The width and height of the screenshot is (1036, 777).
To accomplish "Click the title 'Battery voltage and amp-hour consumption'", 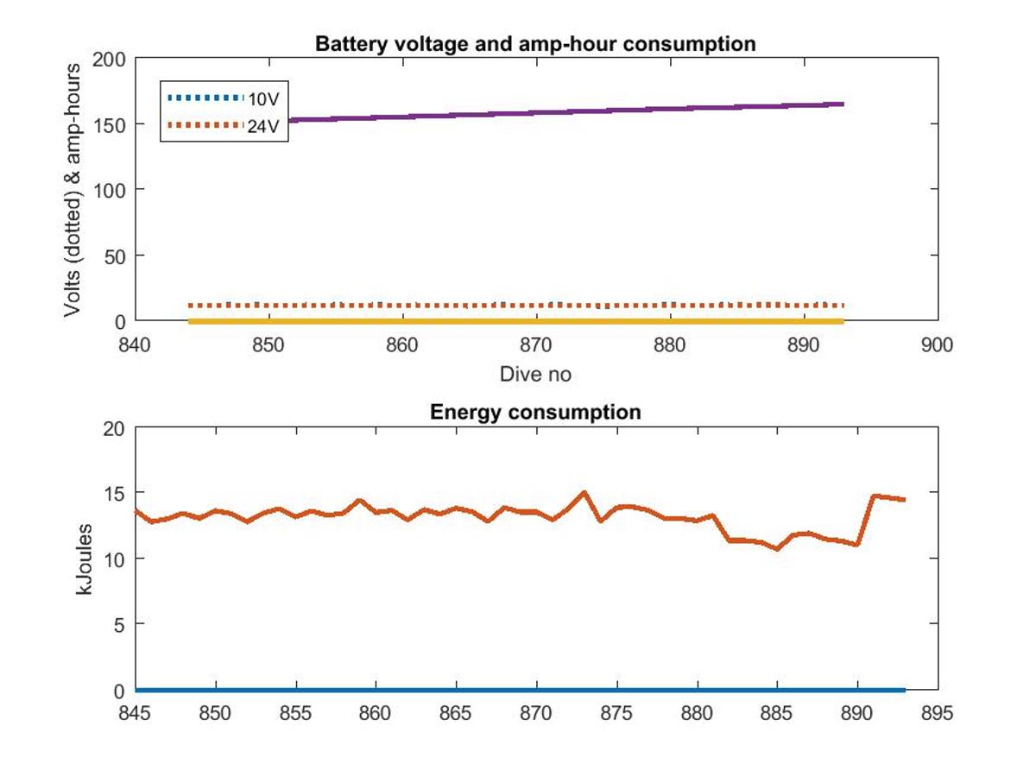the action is click(x=535, y=44).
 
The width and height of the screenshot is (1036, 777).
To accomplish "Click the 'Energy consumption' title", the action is click(x=535, y=412).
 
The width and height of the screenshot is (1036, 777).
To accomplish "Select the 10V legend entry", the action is click(x=224, y=98).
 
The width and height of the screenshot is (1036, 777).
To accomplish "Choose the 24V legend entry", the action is click(x=224, y=125).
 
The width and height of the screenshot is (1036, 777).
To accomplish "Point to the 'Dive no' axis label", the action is click(x=535, y=374).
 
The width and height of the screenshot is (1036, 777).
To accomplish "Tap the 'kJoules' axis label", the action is click(x=84, y=559).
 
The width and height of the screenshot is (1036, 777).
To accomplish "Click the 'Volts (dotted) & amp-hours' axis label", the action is click(x=73, y=191).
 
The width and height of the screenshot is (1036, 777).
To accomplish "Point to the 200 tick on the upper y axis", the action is click(x=109, y=60).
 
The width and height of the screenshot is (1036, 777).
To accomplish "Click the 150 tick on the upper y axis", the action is click(x=109, y=125).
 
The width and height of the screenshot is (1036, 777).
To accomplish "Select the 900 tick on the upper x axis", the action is click(x=937, y=344).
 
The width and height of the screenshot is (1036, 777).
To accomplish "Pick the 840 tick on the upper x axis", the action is click(x=135, y=344).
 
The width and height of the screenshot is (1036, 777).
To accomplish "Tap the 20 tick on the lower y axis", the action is click(x=114, y=428).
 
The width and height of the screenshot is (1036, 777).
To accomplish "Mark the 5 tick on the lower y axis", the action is click(x=120, y=625).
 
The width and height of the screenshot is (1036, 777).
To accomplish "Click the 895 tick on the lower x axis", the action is click(x=937, y=713).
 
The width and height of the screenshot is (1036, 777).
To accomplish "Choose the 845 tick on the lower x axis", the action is click(x=135, y=713).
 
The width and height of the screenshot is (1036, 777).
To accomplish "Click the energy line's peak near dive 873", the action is click(x=584, y=492).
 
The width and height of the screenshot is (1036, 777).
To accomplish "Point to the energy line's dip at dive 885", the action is click(x=777, y=549).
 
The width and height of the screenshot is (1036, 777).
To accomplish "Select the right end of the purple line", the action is click(x=843, y=104).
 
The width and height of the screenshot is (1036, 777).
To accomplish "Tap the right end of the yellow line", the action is click(x=843, y=322).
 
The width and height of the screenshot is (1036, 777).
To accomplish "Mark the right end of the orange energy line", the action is click(x=904, y=500).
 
